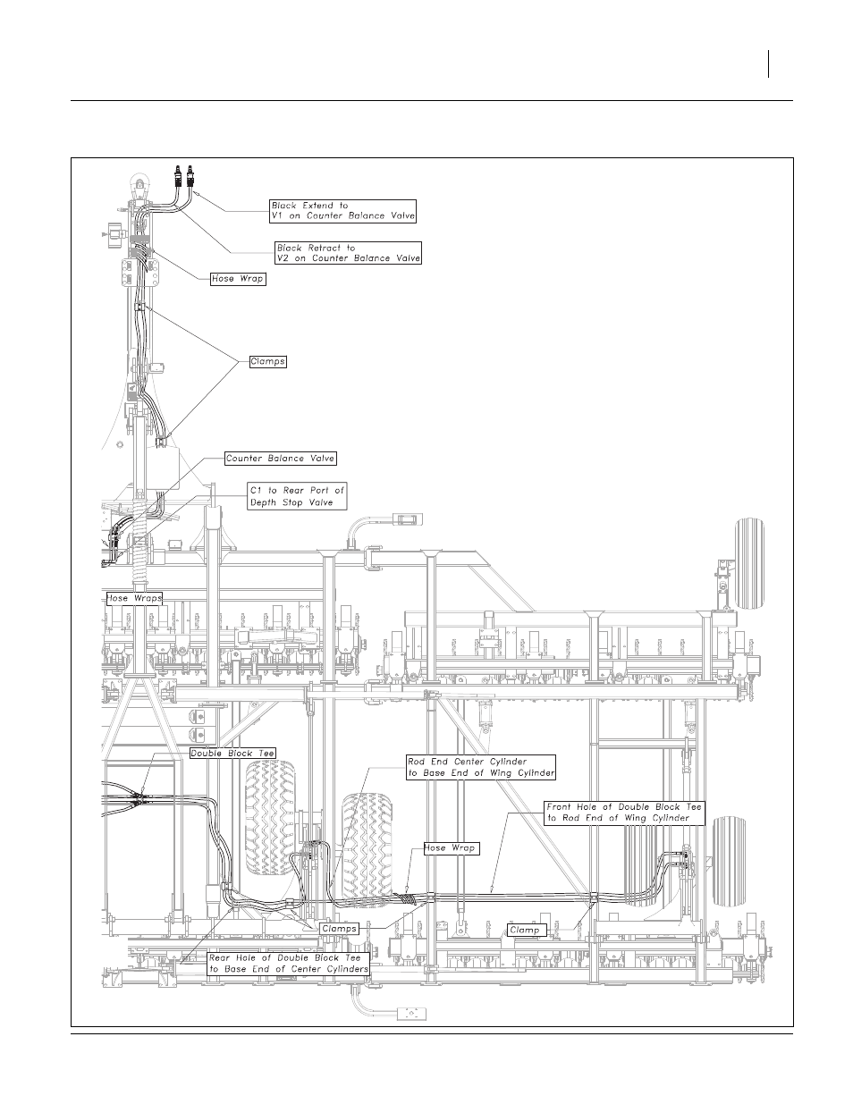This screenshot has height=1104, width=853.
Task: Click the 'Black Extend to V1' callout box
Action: (342, 211)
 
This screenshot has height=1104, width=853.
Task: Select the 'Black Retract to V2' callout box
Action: (348, 253)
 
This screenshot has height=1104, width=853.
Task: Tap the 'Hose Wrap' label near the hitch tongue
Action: (238, 279)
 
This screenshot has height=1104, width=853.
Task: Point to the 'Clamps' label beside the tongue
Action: (267, 362)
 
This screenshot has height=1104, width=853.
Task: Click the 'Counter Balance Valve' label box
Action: (281, 459)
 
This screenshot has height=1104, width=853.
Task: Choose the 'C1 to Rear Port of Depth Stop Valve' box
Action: (297, 496)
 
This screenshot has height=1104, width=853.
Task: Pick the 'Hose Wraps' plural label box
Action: (133, 599)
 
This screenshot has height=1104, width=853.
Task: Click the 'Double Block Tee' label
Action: (232, 754)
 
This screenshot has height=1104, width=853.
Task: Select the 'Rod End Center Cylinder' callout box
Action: (481, 768)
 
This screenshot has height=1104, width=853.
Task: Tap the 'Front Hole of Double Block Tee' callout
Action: (624, 813)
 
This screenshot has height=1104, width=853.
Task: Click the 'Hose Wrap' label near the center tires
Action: (452, 848)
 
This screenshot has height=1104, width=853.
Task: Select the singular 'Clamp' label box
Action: (527, 931)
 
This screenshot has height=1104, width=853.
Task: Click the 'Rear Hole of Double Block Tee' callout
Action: (289, 964)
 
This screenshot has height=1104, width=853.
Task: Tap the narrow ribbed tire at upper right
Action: (750, 564)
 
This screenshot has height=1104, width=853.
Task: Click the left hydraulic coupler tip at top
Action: (178, 176)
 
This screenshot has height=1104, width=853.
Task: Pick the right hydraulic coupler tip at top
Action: (190, 176)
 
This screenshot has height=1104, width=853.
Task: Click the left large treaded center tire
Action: (270, 818)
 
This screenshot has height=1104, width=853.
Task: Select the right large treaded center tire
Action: (367, 848)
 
